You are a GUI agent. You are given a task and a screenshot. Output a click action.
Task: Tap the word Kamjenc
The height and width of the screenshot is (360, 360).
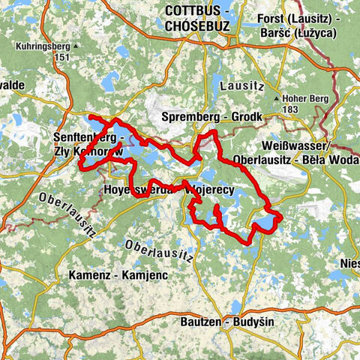click(149, 275)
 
